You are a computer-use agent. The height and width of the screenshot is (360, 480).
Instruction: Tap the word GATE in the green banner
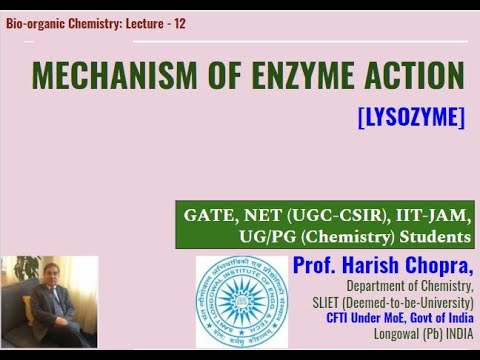coord(207,215)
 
